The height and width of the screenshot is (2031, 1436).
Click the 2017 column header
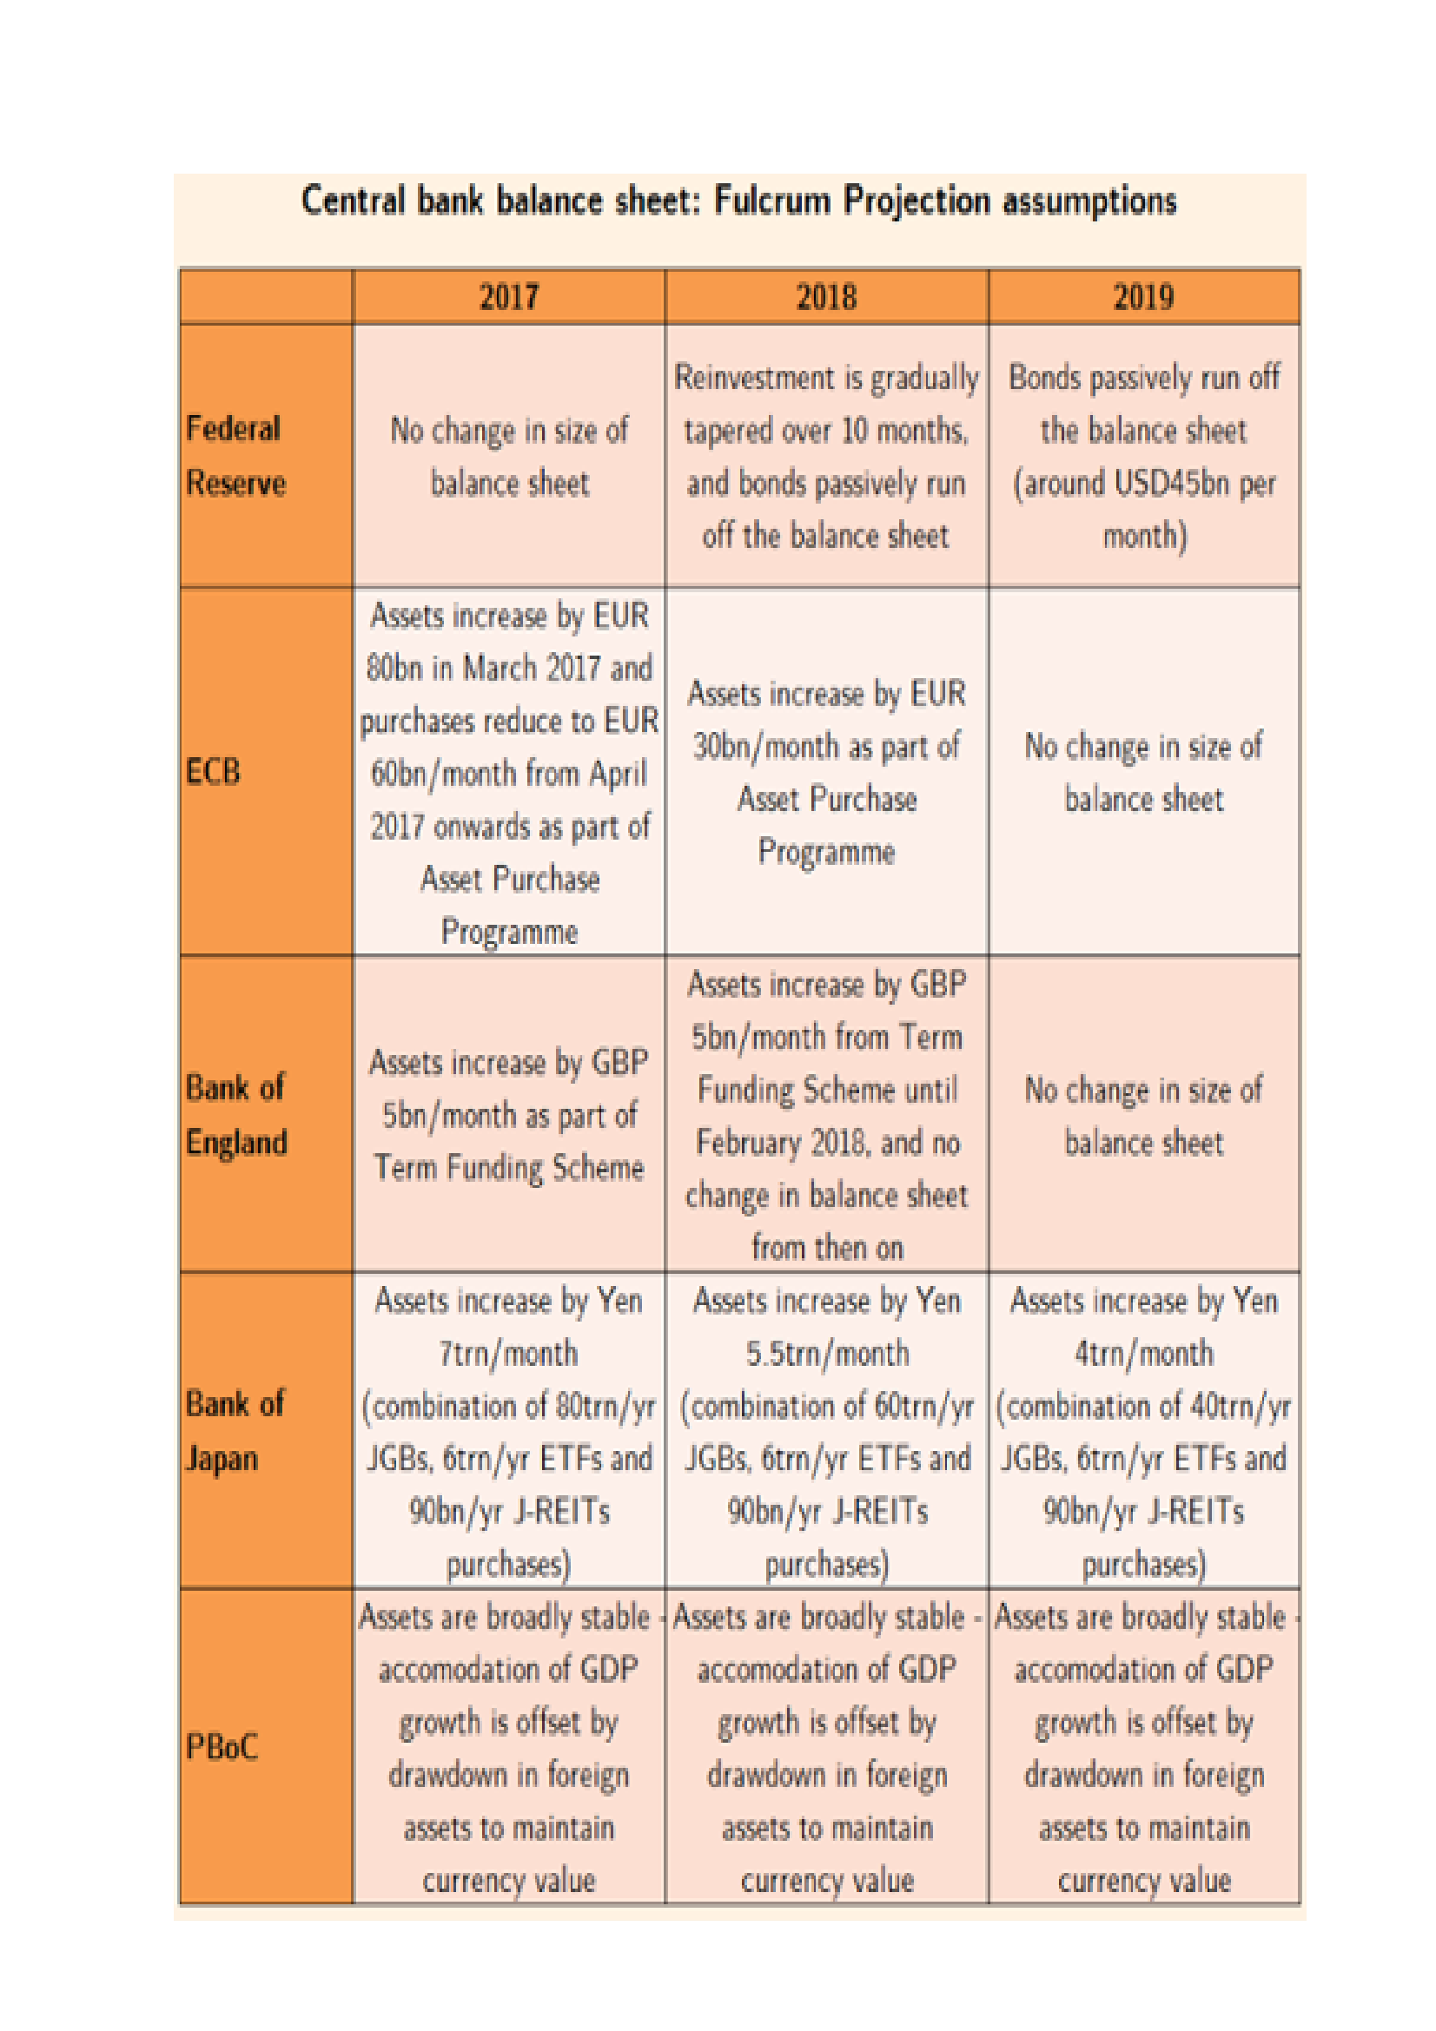509,296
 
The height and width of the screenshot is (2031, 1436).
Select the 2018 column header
825,296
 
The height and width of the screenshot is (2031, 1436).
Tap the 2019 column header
1143,296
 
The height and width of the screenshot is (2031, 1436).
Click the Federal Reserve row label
235,456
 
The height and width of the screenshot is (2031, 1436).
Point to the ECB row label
213,771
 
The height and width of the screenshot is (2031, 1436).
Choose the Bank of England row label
236,1115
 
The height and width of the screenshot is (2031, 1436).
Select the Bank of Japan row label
235,1430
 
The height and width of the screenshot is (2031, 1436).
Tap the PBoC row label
222,1746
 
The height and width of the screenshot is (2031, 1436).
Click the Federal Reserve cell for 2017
509,457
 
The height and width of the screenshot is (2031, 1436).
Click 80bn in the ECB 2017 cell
394,668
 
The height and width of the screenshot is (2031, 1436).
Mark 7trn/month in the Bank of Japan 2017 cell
509,1353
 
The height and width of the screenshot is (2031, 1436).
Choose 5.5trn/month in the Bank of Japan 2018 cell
826,1353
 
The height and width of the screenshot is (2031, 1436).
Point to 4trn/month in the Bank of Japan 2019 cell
1143,1353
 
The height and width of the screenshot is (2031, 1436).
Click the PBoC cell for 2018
826,1747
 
